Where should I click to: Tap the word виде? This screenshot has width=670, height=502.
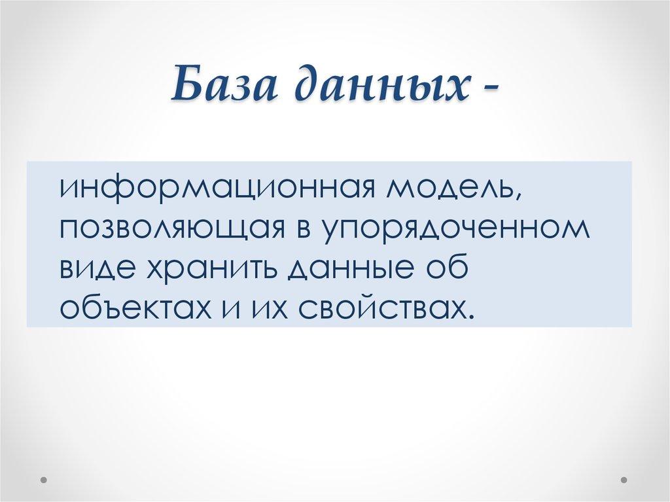[x=93, y=268]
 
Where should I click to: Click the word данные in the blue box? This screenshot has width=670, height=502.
[x=345, y=268]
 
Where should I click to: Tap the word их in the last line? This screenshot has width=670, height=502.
[x=267, y=306]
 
